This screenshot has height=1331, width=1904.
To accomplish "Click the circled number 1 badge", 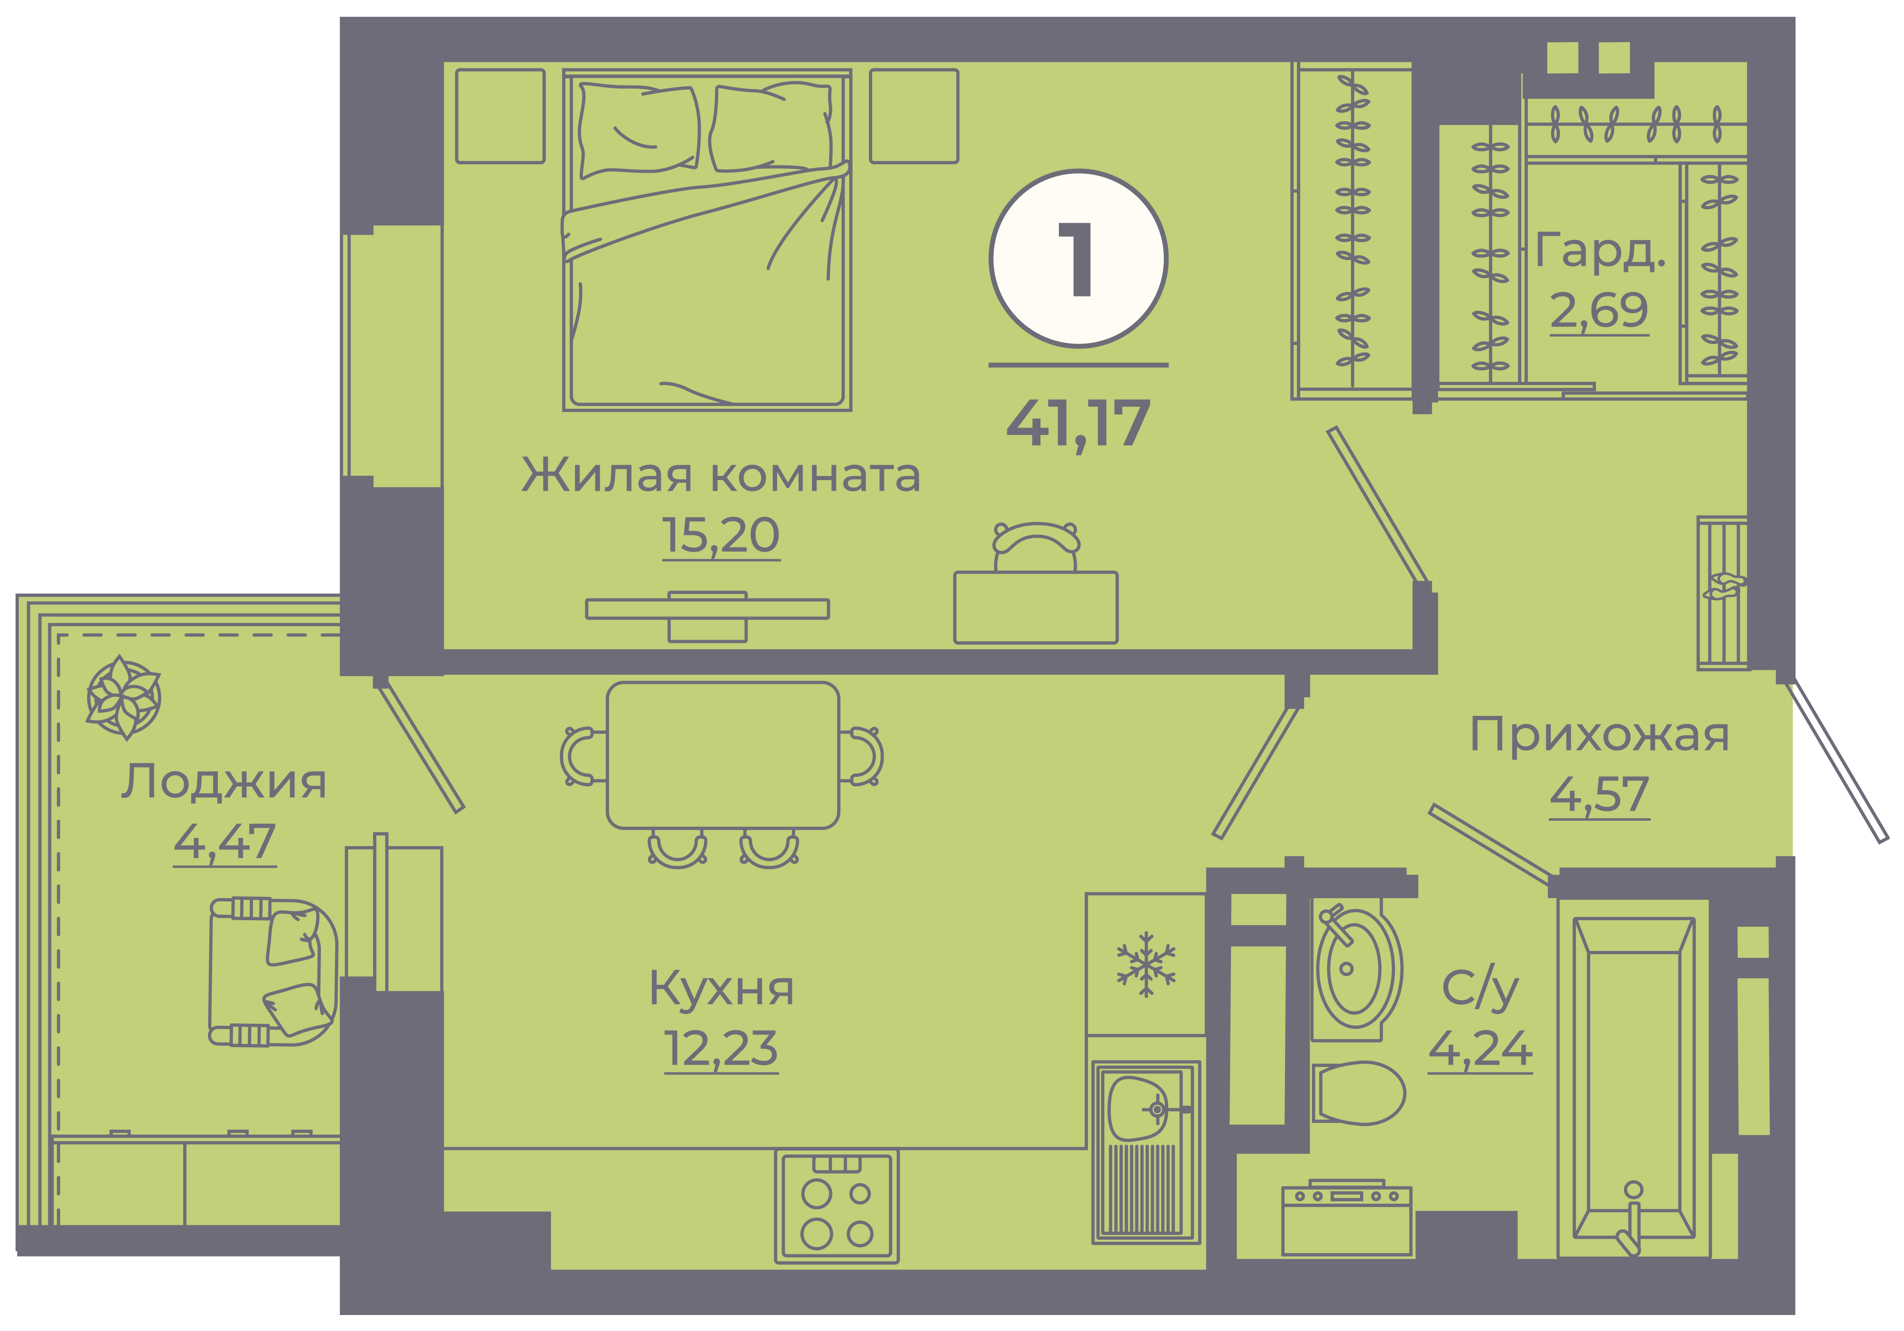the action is tap(1078, 259).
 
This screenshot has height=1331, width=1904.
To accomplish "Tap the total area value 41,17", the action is tap(1078, 425).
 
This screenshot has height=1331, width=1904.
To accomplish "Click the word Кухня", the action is tap(721, 988).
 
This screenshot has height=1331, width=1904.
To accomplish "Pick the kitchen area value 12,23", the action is tap(721, 1049).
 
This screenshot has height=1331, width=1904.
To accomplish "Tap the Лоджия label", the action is tap(224, 782).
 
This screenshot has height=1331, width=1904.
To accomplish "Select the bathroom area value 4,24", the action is tap(1480, 1049).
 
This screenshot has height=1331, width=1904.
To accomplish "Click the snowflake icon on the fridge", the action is tap(1146, 964).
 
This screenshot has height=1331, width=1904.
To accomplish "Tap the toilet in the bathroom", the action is tap(1358, 1093).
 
